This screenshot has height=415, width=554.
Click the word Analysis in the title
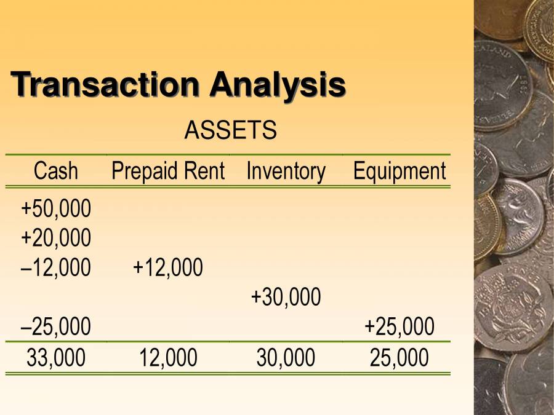pos(278,85)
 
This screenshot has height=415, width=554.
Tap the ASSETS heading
pos(230,130)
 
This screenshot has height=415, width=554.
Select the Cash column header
pos(56,171)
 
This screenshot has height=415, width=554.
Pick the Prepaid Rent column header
pos(168,171)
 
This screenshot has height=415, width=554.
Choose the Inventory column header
pos(286,171)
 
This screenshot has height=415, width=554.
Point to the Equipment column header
pos(399,171)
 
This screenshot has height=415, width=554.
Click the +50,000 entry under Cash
pos(56,209)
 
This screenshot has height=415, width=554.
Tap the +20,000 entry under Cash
pos(56,237)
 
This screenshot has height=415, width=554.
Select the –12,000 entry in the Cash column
pos(56,267)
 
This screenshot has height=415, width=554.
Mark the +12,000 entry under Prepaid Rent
pos(168,267)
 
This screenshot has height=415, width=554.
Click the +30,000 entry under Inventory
pos(286,297)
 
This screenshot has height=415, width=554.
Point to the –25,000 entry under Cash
pos(56,326)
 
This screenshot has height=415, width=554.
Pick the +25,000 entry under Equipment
pos(399,326)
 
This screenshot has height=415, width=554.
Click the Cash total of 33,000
pos(56,358)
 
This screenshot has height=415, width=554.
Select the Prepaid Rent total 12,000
pos(168,358)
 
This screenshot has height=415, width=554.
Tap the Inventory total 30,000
pos(286,358)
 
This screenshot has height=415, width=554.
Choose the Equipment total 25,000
pos(399,358)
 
